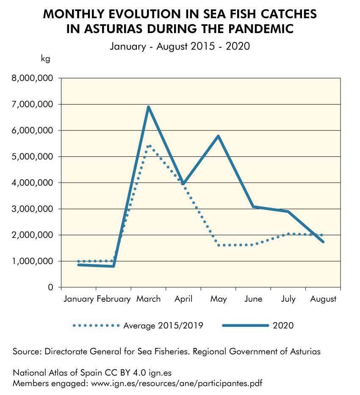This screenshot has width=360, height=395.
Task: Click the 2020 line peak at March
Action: tap(149, 107)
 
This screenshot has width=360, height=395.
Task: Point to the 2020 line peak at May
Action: tap(219, 136)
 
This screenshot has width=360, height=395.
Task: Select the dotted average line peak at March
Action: tap(149, 146)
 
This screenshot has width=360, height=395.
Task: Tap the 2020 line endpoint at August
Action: tap(323, 242)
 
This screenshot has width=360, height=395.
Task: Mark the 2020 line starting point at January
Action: tap(79, 264)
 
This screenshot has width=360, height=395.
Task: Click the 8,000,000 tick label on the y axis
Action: tap(33, 78)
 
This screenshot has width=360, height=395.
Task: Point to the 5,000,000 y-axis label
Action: tap(33, 156)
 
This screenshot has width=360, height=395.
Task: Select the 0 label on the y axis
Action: tap(50, 287)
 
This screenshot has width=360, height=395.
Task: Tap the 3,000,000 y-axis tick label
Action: tap(33, 209)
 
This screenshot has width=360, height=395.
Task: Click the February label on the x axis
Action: tap(114, 299)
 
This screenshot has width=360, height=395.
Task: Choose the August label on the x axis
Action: tap(323, 299)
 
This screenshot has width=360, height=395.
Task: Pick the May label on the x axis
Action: tap(219, 299)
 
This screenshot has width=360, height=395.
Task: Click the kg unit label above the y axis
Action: tap(45, 58)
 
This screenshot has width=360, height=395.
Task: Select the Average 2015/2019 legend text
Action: tap(163, 325)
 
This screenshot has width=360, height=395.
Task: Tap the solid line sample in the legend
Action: tap(246, 325)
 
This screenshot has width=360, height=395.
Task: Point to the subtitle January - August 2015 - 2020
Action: tap(180, 46)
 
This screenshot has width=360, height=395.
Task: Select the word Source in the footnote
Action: tap(27, 351)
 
